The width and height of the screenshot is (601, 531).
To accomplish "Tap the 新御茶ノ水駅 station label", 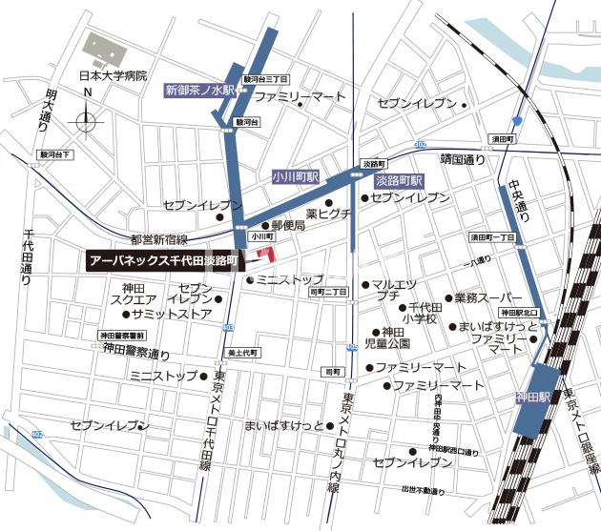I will tap(199, 91).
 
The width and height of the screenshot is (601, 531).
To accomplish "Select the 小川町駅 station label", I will tap(295, 176).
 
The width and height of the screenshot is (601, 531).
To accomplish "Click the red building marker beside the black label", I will tap(264, 255).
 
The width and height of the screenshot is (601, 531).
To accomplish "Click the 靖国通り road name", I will tap(463, 160).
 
